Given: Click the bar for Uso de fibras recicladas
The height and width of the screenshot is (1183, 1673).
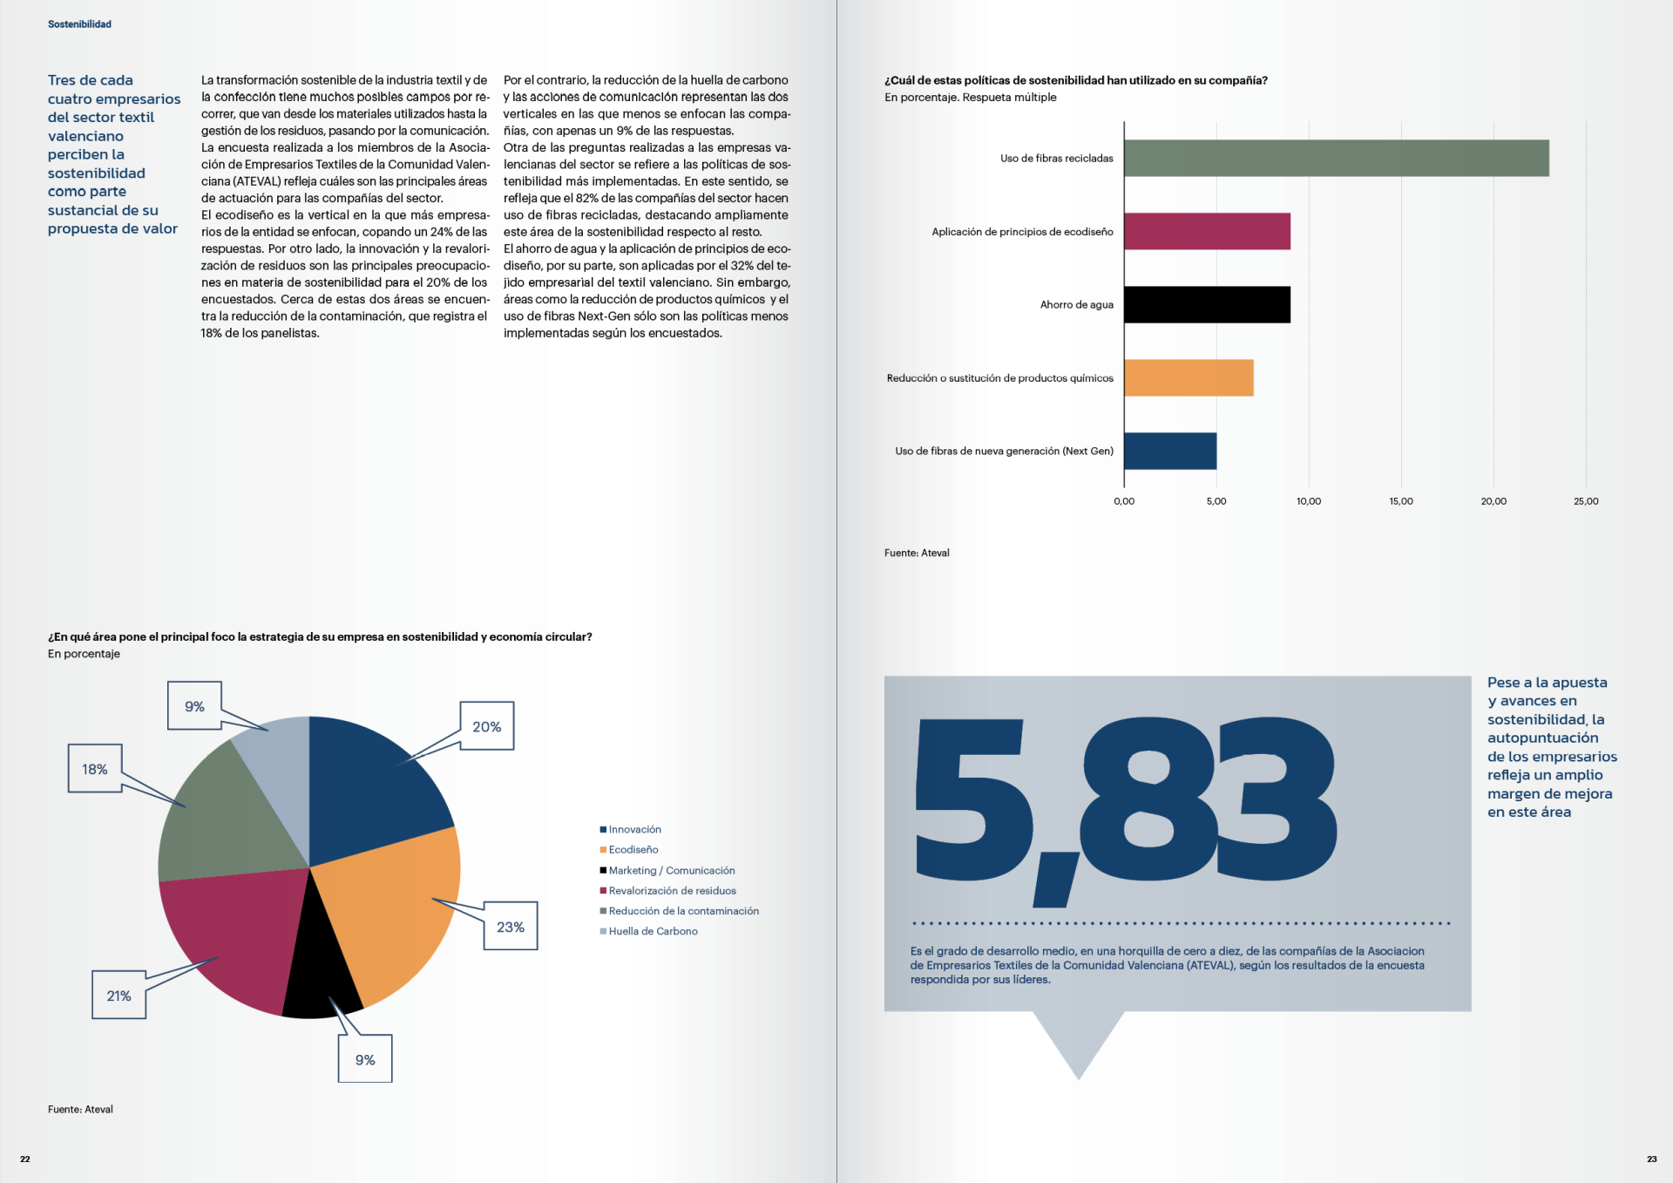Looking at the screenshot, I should click(x=1336, y=159).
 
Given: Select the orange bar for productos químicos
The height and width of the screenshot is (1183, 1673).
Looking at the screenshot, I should click(x=1189, y=378).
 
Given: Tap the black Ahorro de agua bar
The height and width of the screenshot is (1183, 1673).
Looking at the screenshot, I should click(x=1207, y=305).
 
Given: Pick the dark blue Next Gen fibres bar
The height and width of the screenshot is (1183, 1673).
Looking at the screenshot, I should click(x=1170, y=452).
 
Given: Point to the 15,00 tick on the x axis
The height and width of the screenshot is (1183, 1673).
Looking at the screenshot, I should click(x=1401, y=501).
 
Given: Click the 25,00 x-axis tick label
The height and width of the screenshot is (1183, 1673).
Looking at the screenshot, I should click(x=1586, y=501).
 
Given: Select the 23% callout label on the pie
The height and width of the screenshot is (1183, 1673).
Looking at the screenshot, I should click(x=511, y=927).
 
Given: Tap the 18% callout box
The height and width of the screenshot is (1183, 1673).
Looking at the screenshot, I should click(x=95, y=769).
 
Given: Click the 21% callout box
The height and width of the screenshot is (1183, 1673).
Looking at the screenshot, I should click(x=119, y=996).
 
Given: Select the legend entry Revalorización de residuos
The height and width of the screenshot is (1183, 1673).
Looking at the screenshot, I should click(x=672, y=891).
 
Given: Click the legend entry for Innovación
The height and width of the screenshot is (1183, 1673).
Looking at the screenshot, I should click(x=634, y=830).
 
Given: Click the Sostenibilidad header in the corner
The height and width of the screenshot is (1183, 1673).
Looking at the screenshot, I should click(x=79, y=24).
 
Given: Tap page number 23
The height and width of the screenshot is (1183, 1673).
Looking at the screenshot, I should click(x=1651, y=1159).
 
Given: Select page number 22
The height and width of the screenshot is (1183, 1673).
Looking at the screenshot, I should click(x=25, y=1159).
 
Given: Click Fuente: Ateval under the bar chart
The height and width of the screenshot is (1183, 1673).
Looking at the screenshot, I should click(x=917, y=553).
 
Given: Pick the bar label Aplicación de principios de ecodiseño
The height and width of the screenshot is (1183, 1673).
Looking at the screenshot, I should click(x=1022, y=232).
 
